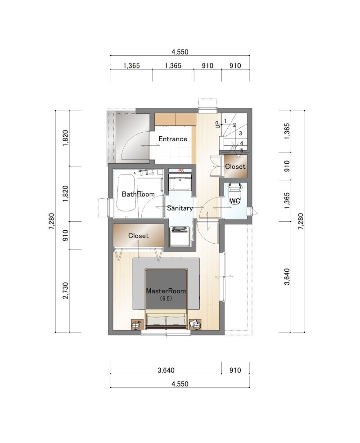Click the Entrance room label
[173, 139]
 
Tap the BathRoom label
[138, 194]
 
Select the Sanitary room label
[180, 208]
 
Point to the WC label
[235, 201]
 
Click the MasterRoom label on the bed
[166, 291]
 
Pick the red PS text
[181, 170]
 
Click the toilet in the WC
[235, 190]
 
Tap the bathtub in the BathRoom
[126, 193]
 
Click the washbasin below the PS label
[180, 182]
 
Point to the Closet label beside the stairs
[235, 166]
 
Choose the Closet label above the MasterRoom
[138, 236]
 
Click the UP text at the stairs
[218, 125]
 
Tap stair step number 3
[240, 134]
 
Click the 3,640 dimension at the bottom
[166, 370]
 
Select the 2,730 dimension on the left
[66, 291]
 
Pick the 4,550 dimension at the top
[180, 52]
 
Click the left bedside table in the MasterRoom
[137, 324]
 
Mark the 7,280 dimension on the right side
[301, 221]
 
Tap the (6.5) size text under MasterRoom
[166, 298]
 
